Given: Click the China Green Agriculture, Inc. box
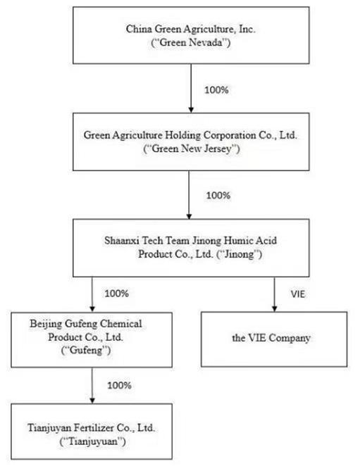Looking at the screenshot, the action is point(191,35).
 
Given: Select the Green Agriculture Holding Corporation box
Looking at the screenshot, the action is point(191,141).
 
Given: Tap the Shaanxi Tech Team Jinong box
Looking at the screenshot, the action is point(191,248).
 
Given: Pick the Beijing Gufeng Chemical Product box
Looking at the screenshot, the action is point(92,340).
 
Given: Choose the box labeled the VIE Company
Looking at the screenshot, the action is point(274,339).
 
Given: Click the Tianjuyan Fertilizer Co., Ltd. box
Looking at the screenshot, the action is point(92,432).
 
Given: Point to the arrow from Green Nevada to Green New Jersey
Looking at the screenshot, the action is point(191,88).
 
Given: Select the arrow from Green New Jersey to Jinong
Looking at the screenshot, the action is point(189,195).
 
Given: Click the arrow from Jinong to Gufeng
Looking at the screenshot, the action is point(92,294).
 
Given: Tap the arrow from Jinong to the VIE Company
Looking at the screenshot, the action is point(274,294).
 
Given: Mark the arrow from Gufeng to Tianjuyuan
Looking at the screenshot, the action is point(92,386).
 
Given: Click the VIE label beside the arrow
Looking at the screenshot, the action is point(298,294).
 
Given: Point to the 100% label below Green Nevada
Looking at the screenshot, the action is point(216,90).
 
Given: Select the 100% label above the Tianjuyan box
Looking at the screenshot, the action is point(119,386).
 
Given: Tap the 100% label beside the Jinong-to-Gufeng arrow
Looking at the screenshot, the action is point(117,294).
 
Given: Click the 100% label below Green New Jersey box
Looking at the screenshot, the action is point(218,196).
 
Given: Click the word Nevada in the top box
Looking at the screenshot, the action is point(206,42).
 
